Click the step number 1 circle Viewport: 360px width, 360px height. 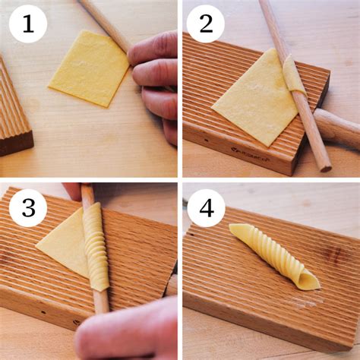click(28, 24)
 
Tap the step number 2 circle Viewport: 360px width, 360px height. click(206, 24)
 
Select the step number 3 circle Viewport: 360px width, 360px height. click(28, 208)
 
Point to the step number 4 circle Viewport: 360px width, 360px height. click(206, 208)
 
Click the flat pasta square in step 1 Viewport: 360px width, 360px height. click(89, 69)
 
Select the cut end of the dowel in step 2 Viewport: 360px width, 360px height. click(326, 168)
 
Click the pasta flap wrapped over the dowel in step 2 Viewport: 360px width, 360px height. click(294, 74)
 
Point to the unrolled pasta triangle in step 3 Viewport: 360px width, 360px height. click(63, 243)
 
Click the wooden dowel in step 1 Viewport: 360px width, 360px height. click(106, 25)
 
